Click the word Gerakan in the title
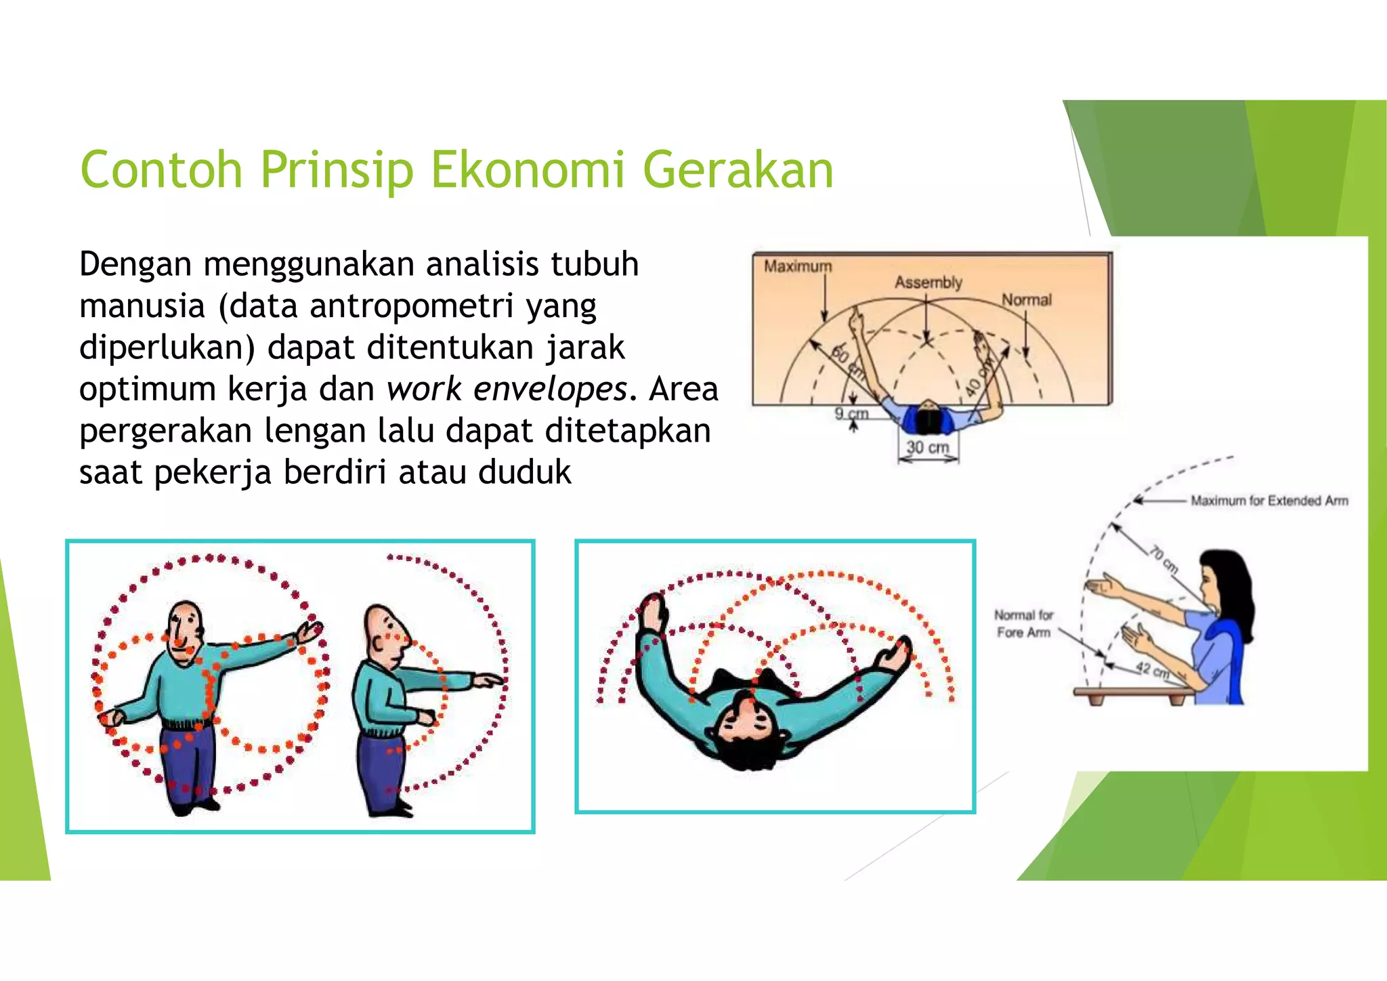(738, 169)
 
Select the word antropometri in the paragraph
(412, 306)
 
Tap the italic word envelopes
(550, 389)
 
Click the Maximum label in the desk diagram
(797, 266)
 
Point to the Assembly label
(928, 282)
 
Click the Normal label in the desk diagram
(1026, 299)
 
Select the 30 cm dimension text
(927, 447)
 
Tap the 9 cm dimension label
(851, 413)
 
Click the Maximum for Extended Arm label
(1268, 501)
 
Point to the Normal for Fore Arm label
(1023, 623)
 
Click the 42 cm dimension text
(1152, 669)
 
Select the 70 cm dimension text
(1164, 559)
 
